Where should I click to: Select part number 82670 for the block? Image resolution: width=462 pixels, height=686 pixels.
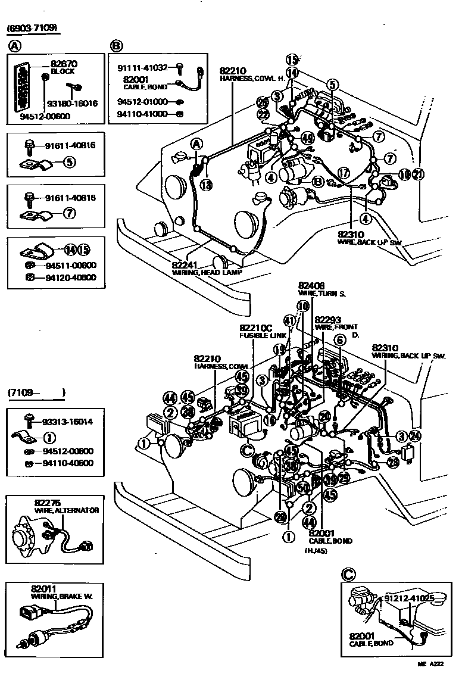click(x=64, y=63)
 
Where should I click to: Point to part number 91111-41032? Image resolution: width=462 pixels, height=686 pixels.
click(x=142, y=68)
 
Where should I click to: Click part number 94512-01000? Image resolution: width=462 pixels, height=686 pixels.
click(x=142, y=101)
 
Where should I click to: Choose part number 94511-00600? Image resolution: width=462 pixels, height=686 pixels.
click(x=70, y=265)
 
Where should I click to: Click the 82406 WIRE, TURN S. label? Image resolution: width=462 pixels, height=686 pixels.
click(x=321, y=289)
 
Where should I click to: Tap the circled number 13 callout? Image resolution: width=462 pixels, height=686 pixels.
click(x=205, y=185)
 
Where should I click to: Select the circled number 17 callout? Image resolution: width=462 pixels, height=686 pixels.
click(x=343, y=173)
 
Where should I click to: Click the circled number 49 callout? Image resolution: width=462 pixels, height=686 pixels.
click(x=307, y=138)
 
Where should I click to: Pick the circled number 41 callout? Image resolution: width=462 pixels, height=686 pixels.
click(x=289, y=320)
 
